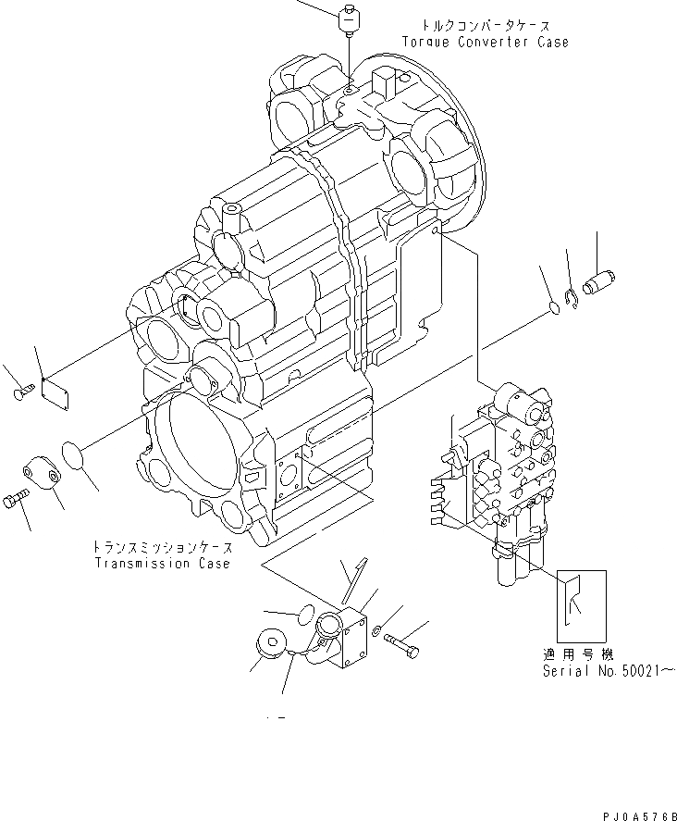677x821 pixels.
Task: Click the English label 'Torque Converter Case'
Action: pos(485,43)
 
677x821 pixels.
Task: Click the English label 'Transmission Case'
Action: pos(161,564)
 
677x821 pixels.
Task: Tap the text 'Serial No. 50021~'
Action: pos(601,670)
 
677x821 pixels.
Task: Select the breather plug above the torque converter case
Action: pos(350,19)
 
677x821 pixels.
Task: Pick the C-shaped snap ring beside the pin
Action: pos(574,297)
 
